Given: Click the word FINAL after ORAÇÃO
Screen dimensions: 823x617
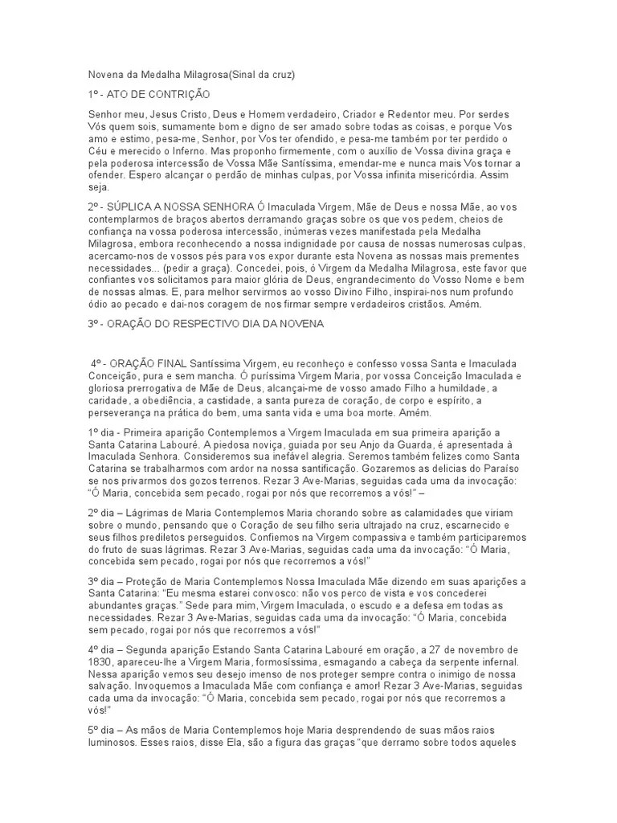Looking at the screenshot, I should (172, 363).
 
